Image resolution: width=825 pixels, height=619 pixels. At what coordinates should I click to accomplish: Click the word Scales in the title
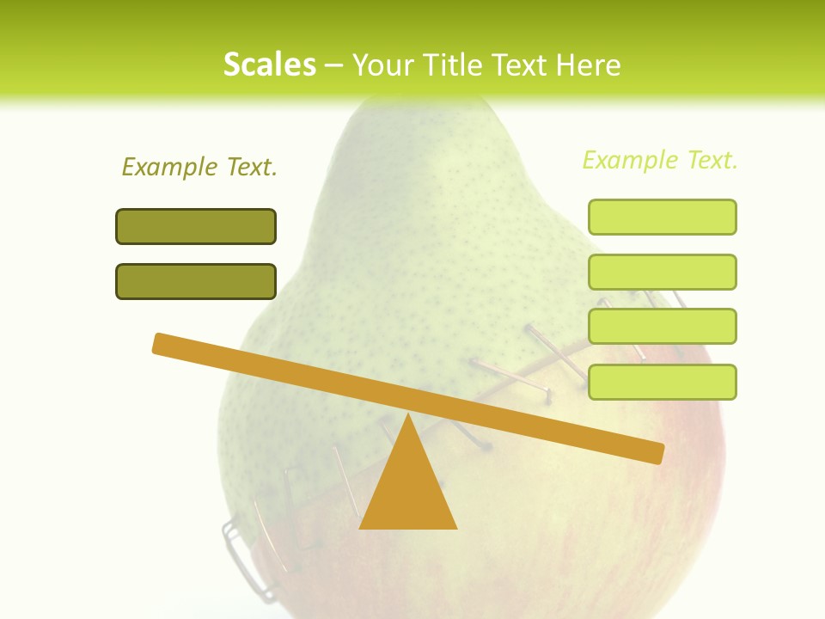(269, 64)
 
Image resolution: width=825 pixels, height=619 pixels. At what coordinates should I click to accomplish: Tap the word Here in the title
(589, 64)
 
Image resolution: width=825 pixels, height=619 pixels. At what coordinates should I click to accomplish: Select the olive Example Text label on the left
(199, 167)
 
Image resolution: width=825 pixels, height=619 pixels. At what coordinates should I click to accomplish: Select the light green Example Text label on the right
(660, 160)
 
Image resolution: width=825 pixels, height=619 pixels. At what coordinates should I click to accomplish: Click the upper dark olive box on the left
(196, 226)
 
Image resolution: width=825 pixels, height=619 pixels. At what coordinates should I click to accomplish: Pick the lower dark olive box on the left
(196, 281)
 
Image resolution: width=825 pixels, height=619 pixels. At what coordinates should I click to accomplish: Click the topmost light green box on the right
(662, 217)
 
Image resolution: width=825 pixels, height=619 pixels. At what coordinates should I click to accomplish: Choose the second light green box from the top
(662, 272)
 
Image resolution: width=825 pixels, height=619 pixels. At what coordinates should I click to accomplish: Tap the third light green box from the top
(662, 326)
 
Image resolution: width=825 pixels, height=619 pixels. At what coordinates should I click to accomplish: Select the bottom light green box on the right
(662, 382)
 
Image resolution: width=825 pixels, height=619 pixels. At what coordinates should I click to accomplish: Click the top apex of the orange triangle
(407, 418)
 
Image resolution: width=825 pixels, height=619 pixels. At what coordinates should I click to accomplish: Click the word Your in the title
(381, 64)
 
